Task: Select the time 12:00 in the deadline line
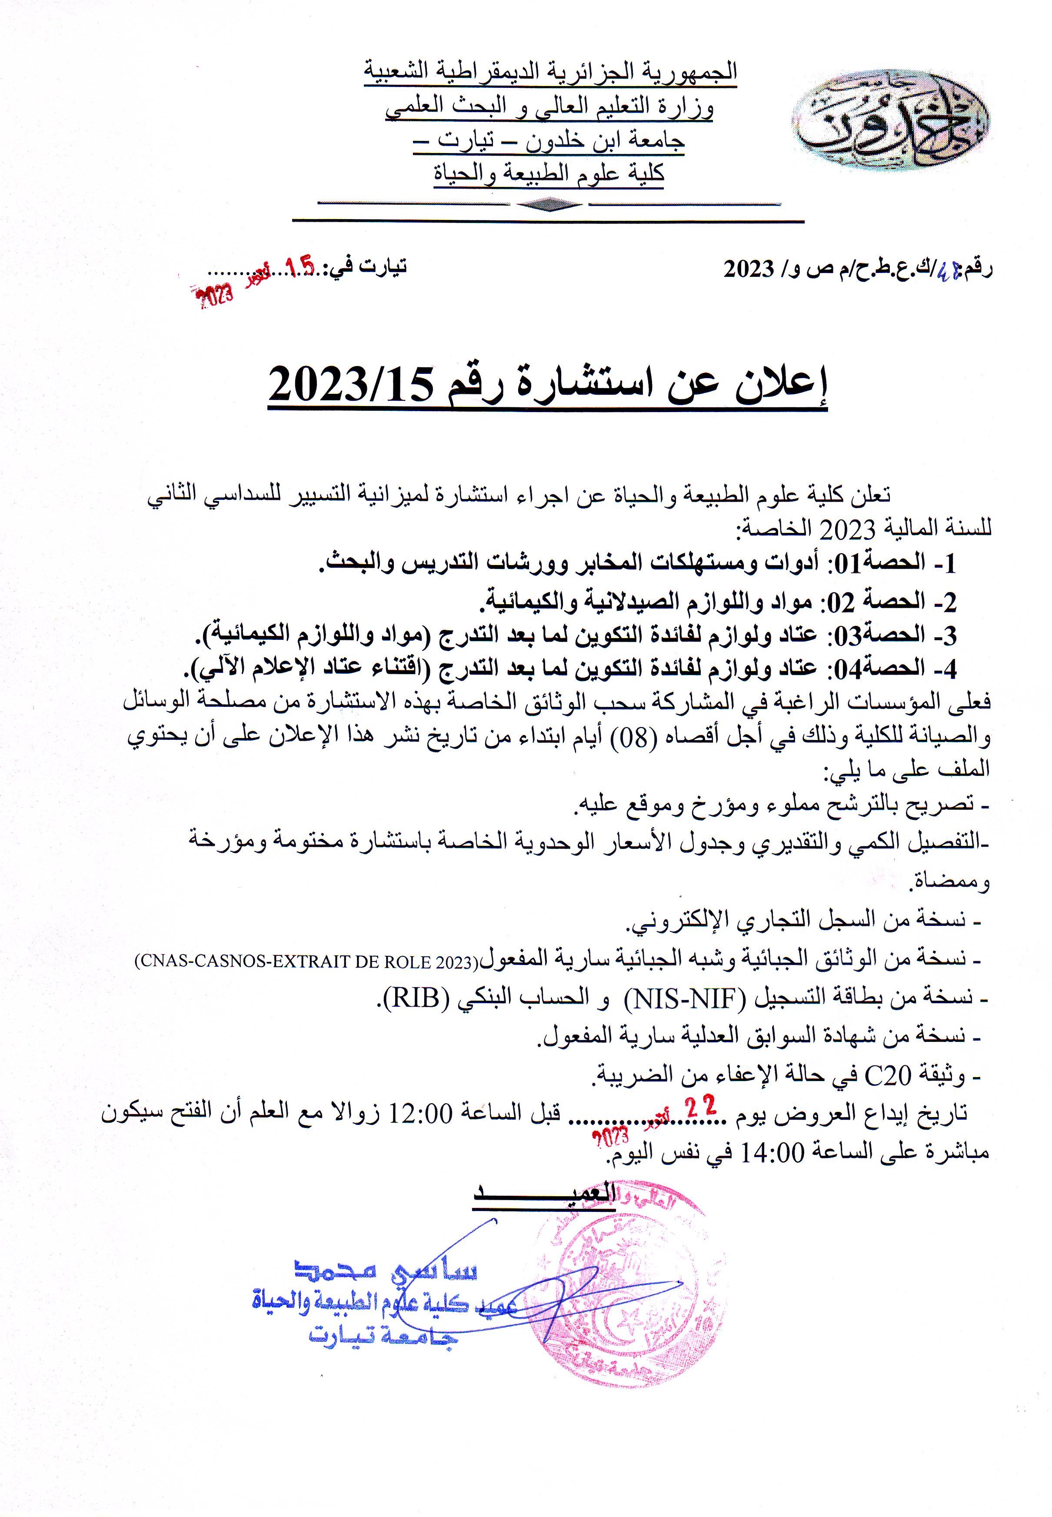pyautogui.click(x=422, y=1114)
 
